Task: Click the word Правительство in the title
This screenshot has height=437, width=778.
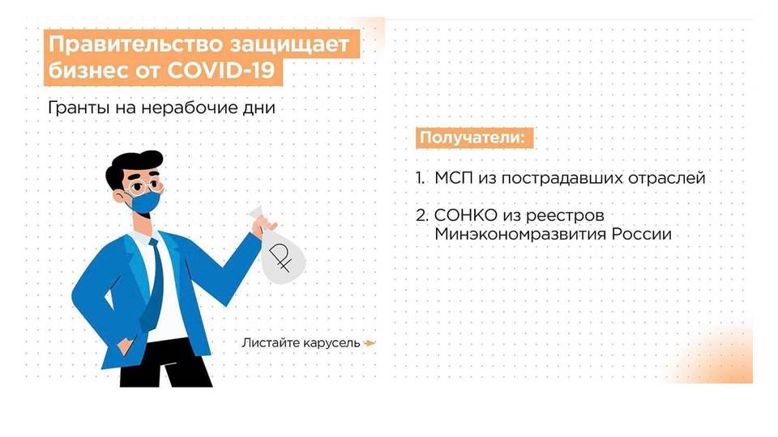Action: [x=132, y=45]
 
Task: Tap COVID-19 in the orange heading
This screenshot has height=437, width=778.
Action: [x=220, y=70]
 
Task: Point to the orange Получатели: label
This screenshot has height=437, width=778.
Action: [x=474, y=138]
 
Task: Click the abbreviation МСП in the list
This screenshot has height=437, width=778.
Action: [x=454, y=178]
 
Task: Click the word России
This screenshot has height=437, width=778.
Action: [x=641, y=234]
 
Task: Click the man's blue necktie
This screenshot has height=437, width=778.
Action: [x=152, y=285]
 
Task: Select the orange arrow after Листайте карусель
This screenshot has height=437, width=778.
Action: [x=370, y=343]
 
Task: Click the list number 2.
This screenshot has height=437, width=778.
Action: [x=421, y=215]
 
